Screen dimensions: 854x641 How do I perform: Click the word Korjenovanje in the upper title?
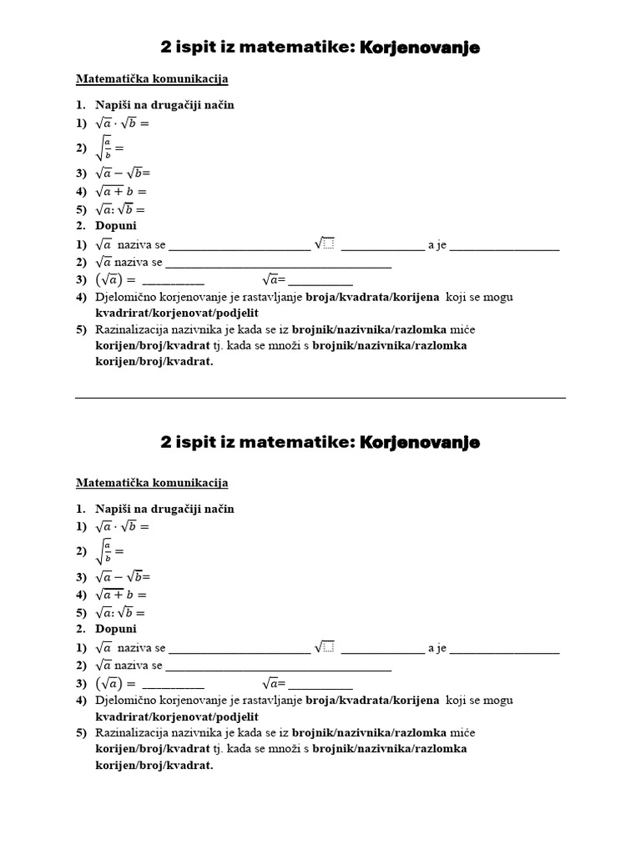420,48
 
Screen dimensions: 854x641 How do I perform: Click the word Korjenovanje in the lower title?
420,443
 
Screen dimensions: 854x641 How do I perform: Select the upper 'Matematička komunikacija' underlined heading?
152,79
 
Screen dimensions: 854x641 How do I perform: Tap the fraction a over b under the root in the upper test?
107,148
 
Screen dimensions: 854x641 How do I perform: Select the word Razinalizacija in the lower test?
133,732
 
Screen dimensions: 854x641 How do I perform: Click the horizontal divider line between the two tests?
320,398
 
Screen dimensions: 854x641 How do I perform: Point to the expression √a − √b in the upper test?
121,173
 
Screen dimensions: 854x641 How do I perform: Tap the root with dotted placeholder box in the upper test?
325,244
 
